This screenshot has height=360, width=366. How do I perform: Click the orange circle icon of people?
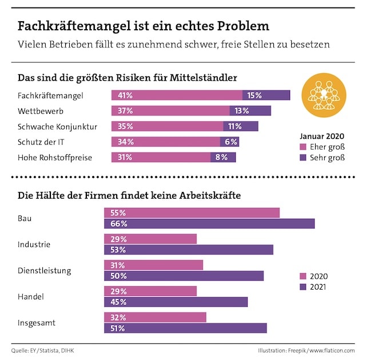(324, 95)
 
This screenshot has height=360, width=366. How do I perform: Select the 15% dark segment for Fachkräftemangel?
(266, 95)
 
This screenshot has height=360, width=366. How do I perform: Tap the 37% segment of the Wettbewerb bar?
(170, 111)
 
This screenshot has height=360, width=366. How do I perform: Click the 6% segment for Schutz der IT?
(230, 142)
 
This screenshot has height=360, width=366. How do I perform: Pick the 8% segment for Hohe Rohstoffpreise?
(223, 157)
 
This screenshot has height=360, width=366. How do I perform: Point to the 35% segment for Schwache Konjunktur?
(167, 126)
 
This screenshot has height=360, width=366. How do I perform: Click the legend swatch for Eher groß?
(303, 147)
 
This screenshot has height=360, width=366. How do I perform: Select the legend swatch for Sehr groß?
(303, 158)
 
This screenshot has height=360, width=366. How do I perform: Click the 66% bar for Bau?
(209, 223)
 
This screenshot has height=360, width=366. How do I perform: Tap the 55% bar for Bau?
(192, 213)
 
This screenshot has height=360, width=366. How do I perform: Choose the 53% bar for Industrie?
(189, 250)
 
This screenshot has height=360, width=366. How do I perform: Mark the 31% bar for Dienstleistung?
(153, 265)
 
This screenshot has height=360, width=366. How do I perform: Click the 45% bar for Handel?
(176, 302)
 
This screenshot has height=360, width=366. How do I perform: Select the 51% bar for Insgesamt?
(185, 328)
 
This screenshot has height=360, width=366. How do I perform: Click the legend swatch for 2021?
(303, 287)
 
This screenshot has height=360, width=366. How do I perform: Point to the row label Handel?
(31, 297)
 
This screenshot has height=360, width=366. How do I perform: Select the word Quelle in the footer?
(19, 350)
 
